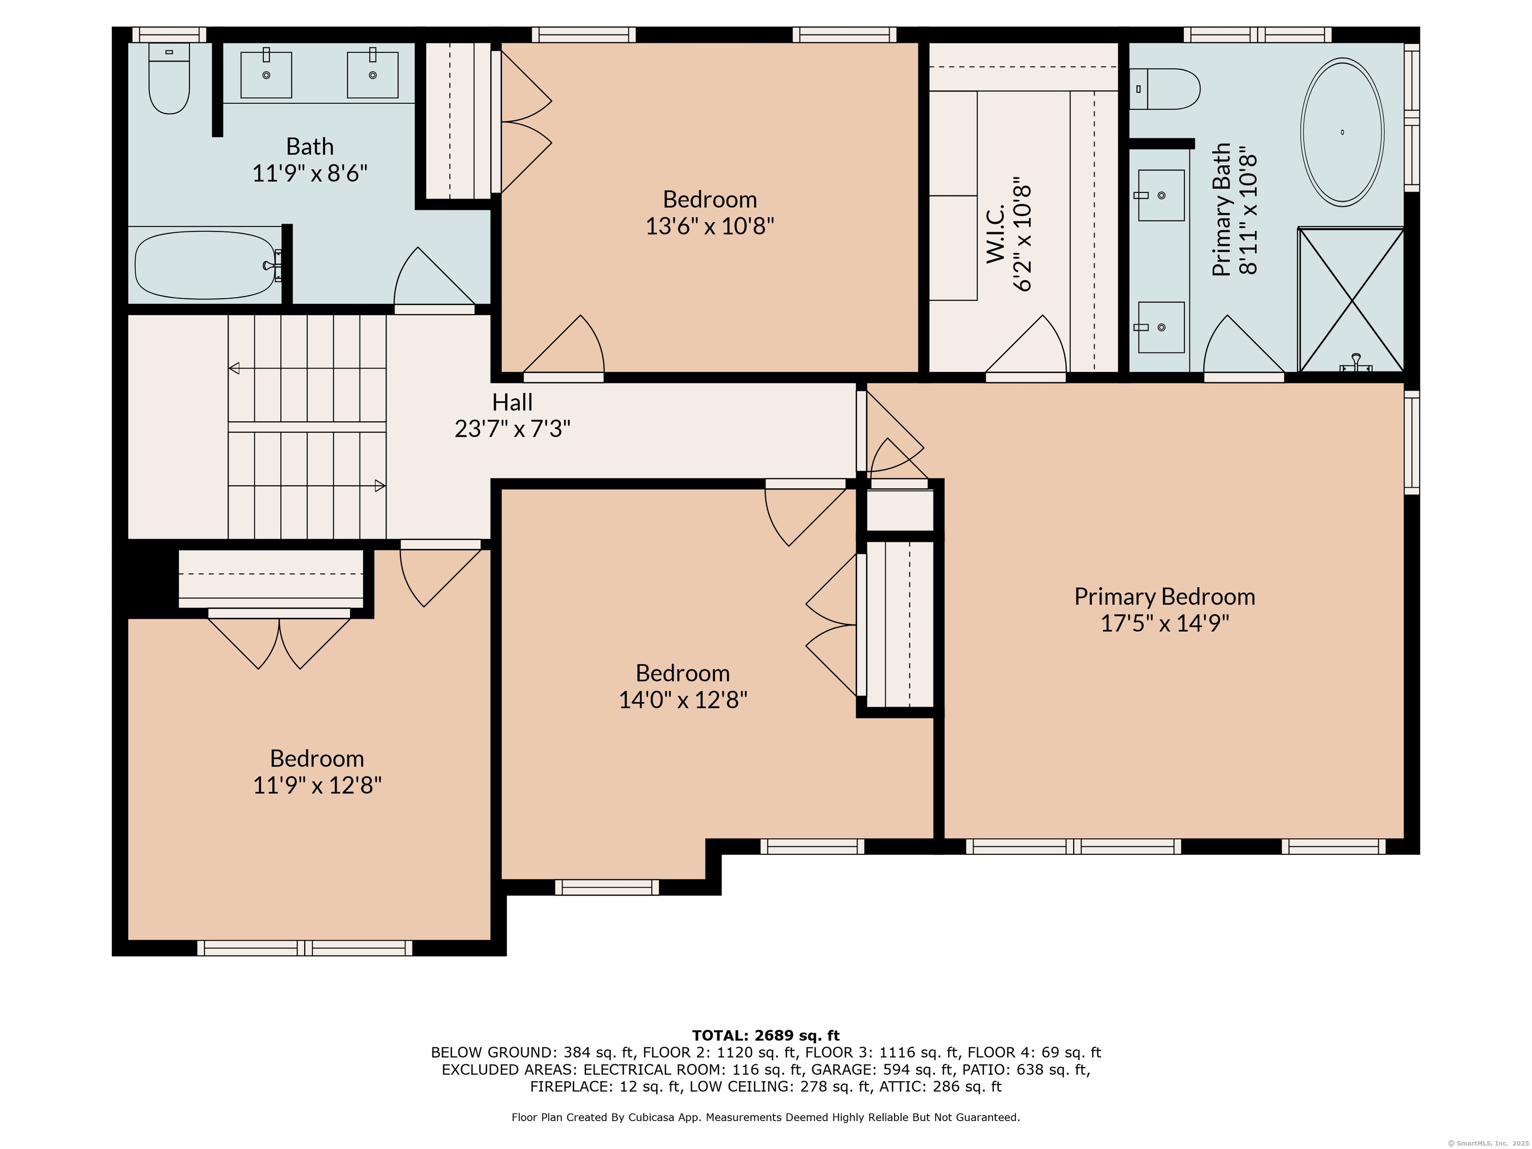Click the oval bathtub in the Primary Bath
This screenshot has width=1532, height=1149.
tap(1341, 132)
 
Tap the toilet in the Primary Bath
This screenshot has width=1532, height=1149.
tap(1164, 89)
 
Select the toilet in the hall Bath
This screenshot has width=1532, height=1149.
tap(169, 78)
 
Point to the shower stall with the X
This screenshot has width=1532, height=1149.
tap(1350, 300)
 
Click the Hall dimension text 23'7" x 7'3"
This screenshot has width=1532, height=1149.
tap(513, 429)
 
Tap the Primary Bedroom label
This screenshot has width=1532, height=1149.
tap(1164, 596)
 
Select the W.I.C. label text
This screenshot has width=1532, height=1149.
tap(995, 233)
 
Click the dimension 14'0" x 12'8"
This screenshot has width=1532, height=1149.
tap(683, 700)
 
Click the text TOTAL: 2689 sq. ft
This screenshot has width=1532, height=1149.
tap(766, 1035)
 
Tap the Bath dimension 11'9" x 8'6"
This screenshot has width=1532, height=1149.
tap(310, 173)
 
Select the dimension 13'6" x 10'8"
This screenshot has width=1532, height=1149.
tap(710, 226)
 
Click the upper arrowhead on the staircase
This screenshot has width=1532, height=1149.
tap(234, 368)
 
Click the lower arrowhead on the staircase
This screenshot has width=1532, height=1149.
tap(380, 486)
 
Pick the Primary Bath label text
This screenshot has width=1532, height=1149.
tap(1222, 210)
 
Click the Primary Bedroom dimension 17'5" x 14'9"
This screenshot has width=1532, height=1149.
tap(1165, 623)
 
